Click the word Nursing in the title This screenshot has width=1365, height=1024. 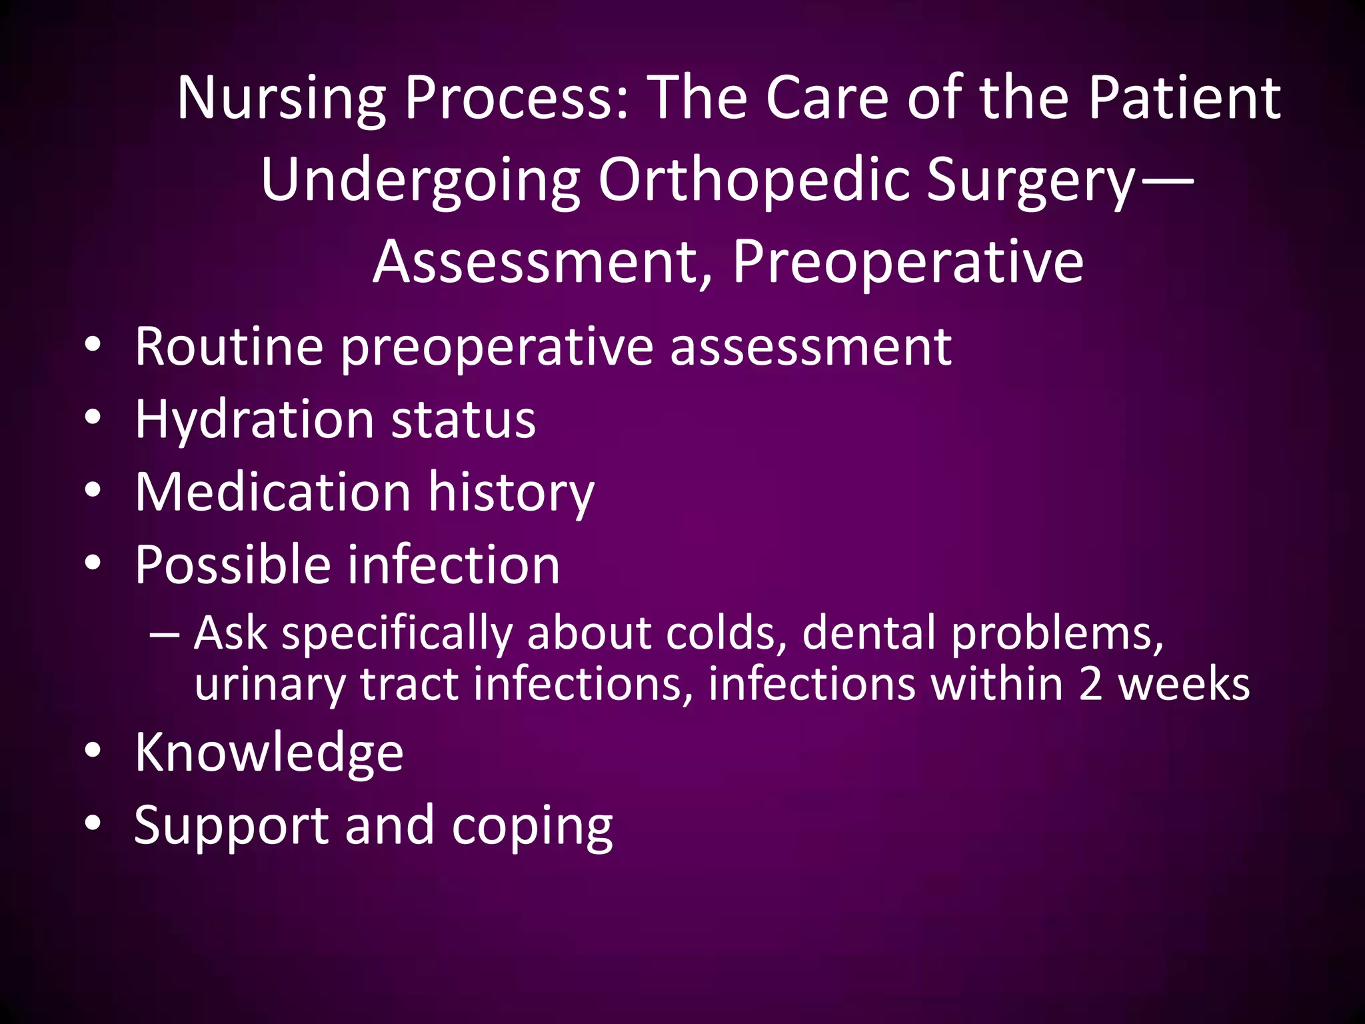tap(281, 99)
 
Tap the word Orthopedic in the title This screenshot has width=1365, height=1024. tap(752, 181)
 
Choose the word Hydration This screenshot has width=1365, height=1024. tap(254, 420)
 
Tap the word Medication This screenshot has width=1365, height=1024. tap(273, 492)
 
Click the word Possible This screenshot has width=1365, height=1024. tap(233, 565)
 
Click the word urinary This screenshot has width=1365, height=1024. tap(269, 685)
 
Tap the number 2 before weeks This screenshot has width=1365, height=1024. tap(1090, 685)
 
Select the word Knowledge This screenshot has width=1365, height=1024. tap(269, 753)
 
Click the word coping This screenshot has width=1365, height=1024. tap(531, 827)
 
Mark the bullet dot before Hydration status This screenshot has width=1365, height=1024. tap(93, 418)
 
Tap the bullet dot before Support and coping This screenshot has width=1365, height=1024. tap(93, 823)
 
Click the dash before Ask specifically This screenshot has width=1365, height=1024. tap(164, 633)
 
